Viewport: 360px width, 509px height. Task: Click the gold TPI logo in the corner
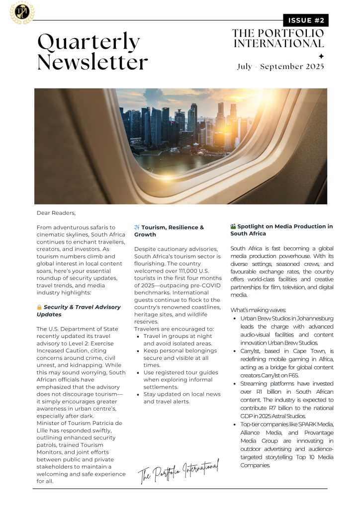click(x=22, y=13)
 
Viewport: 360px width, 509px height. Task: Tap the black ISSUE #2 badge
click(x=305, y=20)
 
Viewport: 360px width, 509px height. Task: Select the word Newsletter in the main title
click(x=92, y=63)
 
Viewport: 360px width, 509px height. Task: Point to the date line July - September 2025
click(x=280, y=67)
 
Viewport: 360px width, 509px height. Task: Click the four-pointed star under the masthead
click(x=321, y=56)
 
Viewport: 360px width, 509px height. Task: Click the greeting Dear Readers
click(x=56, y=213)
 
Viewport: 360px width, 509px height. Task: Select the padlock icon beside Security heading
click(x=39, y=307)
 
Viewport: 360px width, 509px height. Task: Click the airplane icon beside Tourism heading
click(x=137, y=228)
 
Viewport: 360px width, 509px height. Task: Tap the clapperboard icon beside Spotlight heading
click(x=233, y=227)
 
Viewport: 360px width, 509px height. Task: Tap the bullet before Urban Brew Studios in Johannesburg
click(x=235, y=318)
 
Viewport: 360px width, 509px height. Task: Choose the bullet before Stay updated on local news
click(x=138, y=394)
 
